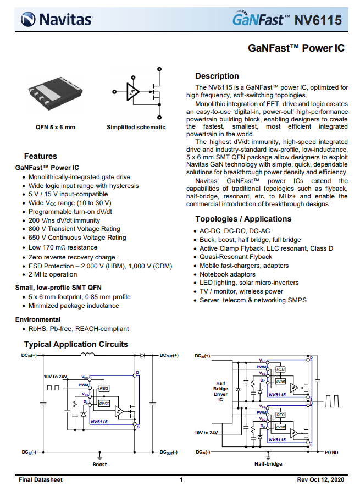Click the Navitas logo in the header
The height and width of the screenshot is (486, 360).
(57, 20)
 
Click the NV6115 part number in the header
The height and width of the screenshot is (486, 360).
(318, 21)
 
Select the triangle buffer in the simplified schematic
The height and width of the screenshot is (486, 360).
(132, 92)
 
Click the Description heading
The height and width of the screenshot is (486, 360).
(217, 76)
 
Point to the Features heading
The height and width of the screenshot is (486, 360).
(40, 156)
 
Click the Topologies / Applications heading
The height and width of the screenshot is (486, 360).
(243, 219)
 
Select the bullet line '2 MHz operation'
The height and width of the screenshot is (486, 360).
(53, 274)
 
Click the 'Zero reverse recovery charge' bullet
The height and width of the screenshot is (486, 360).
(72, 257)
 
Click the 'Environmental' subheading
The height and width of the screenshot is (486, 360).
(38, 319)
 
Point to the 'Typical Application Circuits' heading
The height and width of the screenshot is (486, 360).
(76, 344)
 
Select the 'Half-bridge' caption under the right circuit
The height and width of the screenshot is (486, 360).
(268, 464)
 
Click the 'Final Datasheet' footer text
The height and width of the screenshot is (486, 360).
(41, 479)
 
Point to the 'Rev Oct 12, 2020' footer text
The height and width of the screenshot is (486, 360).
(320, 479)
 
